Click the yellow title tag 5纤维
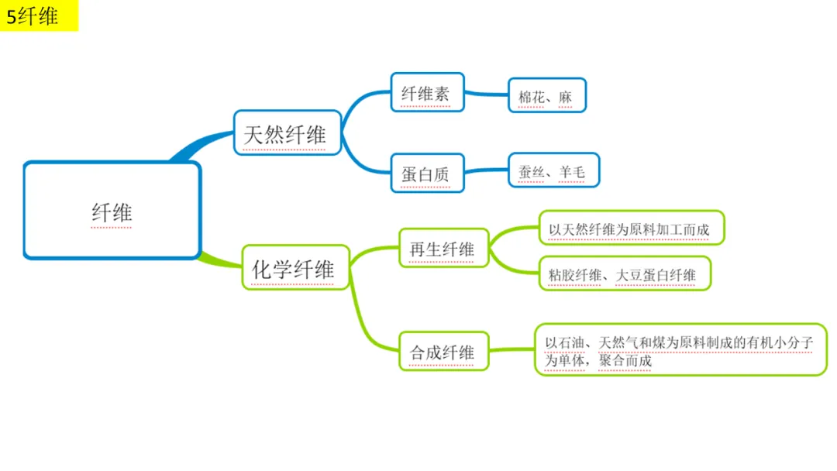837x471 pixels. [39, 16]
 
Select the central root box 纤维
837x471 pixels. [112, 211]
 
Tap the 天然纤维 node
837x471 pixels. [287, 133]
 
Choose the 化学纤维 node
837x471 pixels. [295, 268]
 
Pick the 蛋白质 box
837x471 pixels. [426, 174]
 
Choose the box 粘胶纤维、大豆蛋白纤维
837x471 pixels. [624, 273]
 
